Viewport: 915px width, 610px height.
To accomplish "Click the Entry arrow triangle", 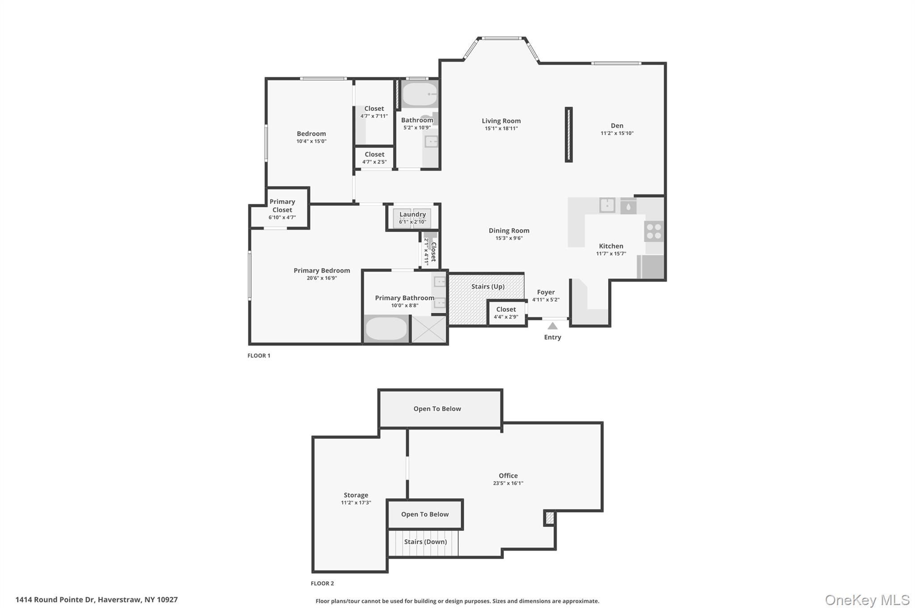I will coord(553,326).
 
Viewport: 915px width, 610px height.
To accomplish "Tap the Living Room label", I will coord(501,121).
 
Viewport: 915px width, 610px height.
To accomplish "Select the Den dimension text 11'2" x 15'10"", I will coord(617,133).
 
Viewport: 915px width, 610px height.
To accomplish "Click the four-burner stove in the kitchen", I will coord(654,232).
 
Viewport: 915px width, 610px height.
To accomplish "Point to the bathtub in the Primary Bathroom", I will coord(386,329).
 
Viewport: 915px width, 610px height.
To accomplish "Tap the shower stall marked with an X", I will coord(428,329).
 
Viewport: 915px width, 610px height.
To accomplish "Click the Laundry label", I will coord(412,215).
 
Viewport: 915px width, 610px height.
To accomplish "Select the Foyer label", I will coord(546,292).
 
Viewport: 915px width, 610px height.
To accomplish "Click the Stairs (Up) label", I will coord(487,286).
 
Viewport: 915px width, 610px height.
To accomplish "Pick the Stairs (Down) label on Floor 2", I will coord(425,542).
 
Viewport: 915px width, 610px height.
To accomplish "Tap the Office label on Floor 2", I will coord(508,475).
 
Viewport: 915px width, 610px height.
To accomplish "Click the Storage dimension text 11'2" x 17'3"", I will coord(356,503).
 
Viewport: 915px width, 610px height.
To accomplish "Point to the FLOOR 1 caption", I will coord(259,356).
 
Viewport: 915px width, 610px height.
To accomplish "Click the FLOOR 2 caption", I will coord(322,583).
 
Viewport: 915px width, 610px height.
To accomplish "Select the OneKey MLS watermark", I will coord(867,600).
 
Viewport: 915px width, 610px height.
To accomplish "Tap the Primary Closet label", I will coord(282,206).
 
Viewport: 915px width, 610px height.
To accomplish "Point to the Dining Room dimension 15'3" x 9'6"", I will coord(508,238).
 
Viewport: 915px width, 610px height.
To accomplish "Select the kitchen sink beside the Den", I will coord(607,206).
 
